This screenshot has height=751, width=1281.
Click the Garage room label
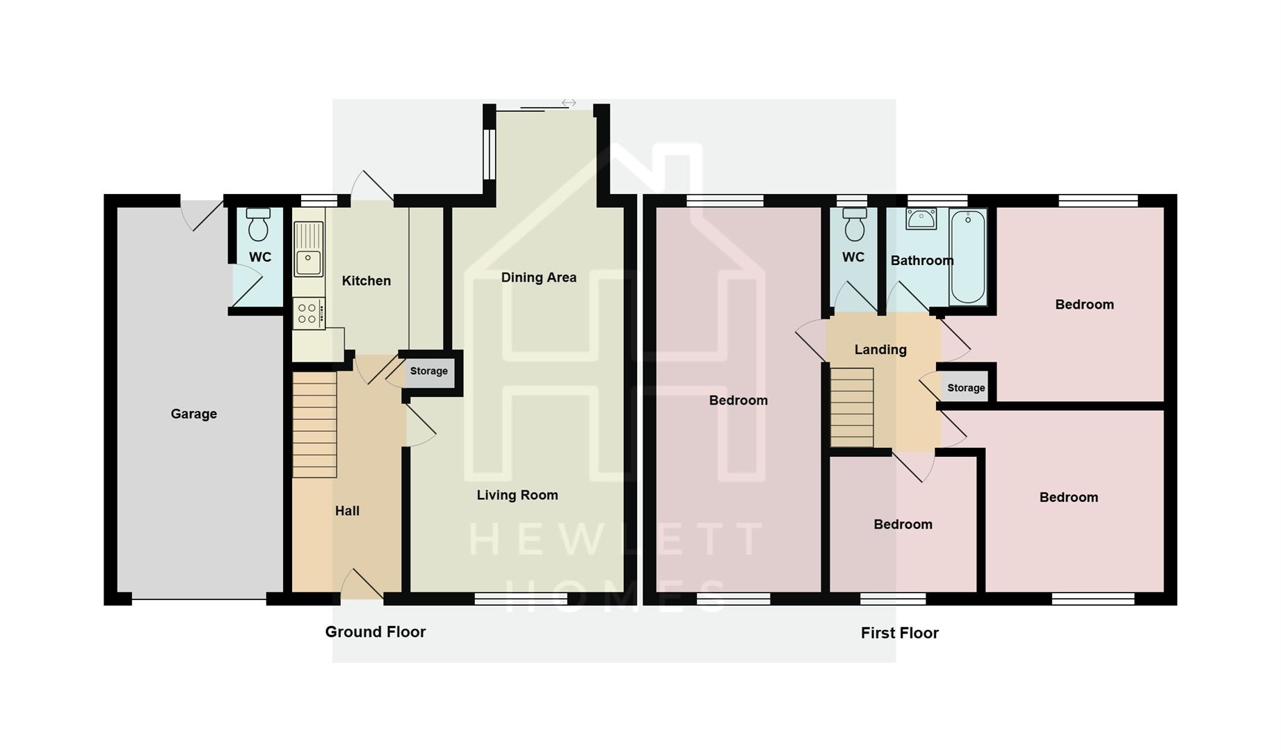click(x=193, y=414)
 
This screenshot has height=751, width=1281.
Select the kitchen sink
click(x=308, y=250)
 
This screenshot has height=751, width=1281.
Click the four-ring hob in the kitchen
click(x=308, y=313)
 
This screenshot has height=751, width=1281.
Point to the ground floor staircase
click(x=314, y=424)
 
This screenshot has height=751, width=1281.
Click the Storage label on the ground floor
click(x=428, y=371)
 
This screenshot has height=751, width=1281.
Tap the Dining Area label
click(x=538, y=277)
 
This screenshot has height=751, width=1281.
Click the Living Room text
click(x=517, y=495)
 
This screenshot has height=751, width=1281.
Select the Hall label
click(x=347, y=511)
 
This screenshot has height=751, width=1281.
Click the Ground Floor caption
click(x=375, y=632)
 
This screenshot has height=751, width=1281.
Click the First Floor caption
click(x=899, y=633)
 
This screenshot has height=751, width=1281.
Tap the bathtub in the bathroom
click(x=967, y=257)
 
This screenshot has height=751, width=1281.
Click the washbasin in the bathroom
click(x=921, y=218)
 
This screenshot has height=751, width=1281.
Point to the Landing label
click(x=880, y=350)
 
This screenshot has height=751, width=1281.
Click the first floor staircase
click(x=852, y=407)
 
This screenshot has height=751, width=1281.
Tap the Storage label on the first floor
click(x=966, y=388)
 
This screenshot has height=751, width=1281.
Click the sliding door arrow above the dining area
click(x=569, y=103)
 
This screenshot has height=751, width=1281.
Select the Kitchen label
click(x=366, y=281)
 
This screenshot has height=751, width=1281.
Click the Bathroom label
click(x=921, y=261)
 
